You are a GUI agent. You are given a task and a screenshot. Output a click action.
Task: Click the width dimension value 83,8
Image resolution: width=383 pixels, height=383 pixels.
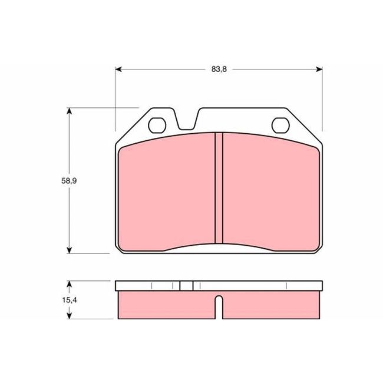(x=219, y=69)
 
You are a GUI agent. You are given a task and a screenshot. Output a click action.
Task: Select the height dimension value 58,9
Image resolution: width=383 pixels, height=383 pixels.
(x=69, y=181)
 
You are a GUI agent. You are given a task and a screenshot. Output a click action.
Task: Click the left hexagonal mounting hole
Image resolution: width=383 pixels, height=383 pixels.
(x=157, y=125)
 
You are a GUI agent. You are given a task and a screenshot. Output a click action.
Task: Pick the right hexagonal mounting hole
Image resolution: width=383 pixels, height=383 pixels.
(x=280, y=125)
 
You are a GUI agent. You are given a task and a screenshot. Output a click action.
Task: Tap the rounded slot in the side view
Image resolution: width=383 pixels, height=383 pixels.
(x=219, y=306)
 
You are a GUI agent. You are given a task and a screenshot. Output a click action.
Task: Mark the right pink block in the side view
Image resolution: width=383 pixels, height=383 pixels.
(x=271, y=305)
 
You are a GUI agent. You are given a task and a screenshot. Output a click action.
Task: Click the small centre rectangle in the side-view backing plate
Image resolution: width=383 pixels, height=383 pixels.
(x=186, y=286)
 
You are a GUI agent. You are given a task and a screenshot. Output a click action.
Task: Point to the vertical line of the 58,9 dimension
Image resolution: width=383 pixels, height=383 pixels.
(x=70, y=147)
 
